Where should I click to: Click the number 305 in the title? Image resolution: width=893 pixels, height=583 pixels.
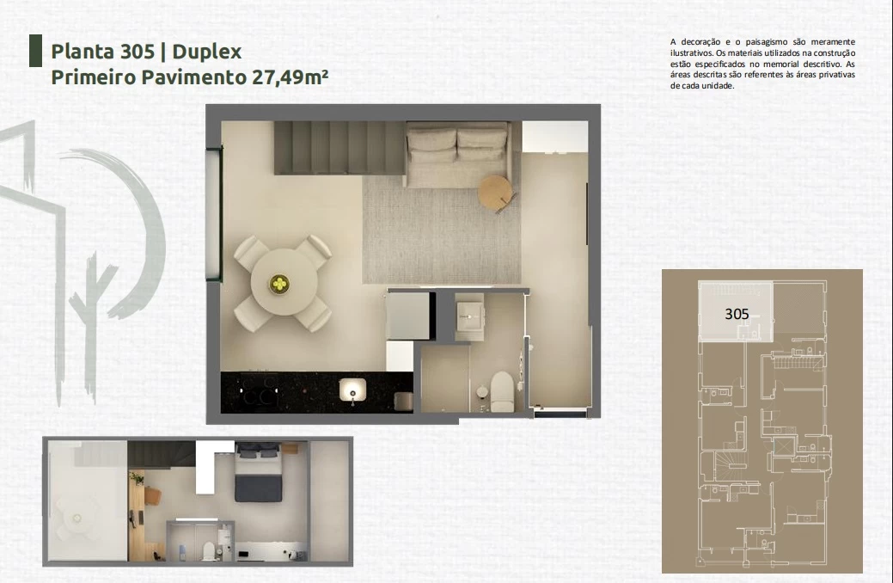pyautogui.click(x=138, y=52)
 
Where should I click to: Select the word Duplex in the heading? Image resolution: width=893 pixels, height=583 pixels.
pyautogui.click(x=207, y=52)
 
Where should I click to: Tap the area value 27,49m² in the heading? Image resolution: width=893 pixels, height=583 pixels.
pyautogui.click(x=289, y=77)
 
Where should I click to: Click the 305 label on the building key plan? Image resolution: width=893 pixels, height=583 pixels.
pyautogui.click(x=737, y=314)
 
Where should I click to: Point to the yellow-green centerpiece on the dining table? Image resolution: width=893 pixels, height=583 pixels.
pyautogui.click(x=279, y=283)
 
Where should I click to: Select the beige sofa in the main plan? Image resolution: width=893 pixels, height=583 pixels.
pyautogui.click(x=456, y=154)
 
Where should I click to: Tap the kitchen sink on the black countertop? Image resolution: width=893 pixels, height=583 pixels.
pyautogui.click(x=352, y=390)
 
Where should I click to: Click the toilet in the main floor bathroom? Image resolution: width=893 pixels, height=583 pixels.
pyautogui.click(x=502, y=391)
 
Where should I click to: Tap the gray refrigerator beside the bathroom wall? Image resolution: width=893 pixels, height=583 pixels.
pyautogui.click(x=407, y=316)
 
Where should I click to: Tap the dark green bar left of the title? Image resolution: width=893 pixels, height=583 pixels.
pyautogui.click(x=35, y=51)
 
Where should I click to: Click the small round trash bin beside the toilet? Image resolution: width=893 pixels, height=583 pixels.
pyautogui.click(x=482, y=391)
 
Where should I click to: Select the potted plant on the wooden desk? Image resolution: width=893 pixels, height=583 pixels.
pyautogui.click(x=137, y=477)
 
